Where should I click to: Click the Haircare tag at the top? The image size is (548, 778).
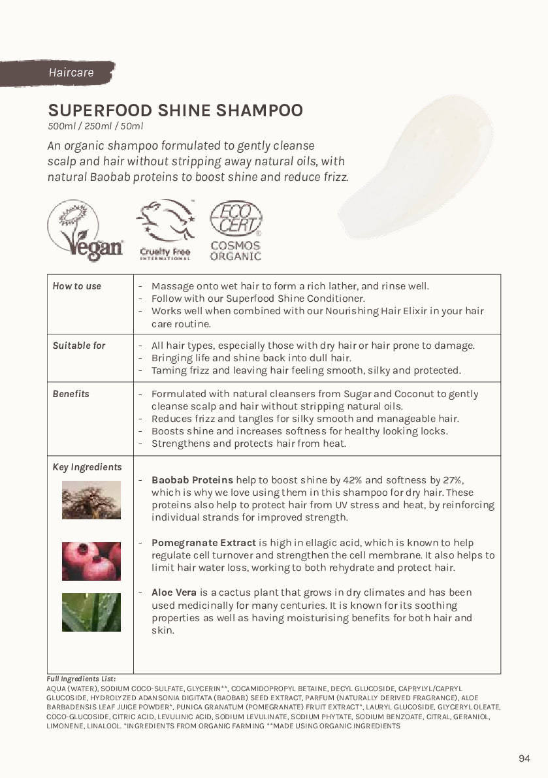tap(71, 73)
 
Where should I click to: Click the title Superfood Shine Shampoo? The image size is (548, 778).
tap(175, 110)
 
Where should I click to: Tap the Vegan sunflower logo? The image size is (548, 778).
tap(85, 231)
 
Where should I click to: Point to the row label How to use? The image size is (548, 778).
tap(77, 286)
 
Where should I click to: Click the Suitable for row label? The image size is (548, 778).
tap(79, 346)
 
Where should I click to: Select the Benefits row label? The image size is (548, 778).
tap(71, 394)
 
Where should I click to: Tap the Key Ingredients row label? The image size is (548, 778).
tap(87, 467)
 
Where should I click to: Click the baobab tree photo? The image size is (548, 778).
tap(91, 500)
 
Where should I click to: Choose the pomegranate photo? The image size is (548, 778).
tap(91, 561)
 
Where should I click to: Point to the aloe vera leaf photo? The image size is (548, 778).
tap(91, 612)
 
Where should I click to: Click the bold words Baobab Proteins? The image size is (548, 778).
tap(192, 480)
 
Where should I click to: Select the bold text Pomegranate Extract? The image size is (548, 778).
tap(204, 543)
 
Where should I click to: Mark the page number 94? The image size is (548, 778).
tap(524, 758)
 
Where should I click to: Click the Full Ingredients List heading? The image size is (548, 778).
tap(81, 679)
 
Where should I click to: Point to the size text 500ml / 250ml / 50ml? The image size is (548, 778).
tap(95, 126)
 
